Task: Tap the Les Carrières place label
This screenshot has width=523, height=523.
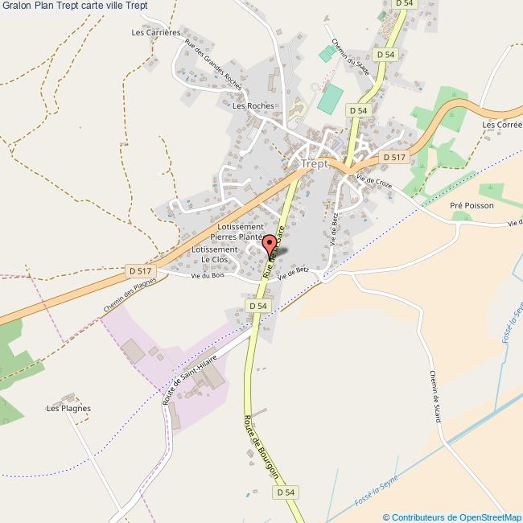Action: tap(156, 33)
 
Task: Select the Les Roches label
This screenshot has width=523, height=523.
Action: tap(253, 105)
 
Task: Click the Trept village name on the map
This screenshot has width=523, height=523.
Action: tap(314, 163)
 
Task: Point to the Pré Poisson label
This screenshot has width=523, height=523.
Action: tap(472, 205)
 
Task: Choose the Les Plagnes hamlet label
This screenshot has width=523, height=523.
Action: tap(68, 408)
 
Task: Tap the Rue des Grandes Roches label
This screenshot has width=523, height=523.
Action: tap(212, 64)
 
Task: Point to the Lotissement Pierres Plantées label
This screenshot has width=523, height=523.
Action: tap(236, 233)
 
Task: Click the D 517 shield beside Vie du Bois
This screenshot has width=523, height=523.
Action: tap(140, 271)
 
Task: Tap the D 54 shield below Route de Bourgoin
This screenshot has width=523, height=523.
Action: tap(286, 492)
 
